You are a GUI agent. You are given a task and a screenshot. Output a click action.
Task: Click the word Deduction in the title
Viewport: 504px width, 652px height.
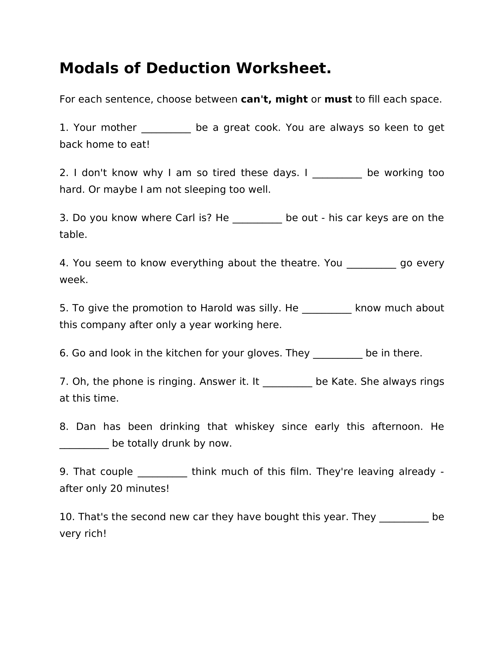188,68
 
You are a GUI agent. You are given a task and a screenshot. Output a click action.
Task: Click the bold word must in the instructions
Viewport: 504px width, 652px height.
338,99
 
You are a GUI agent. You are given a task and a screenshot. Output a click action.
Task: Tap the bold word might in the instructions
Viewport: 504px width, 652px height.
291,99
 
